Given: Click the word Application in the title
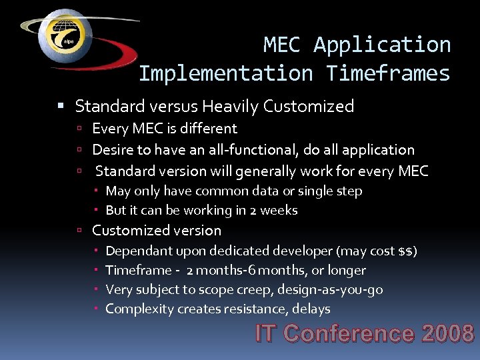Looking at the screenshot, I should tap(382, 45).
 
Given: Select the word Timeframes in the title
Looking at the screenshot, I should tap(388, 73).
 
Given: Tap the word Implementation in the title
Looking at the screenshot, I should tap(225, 73).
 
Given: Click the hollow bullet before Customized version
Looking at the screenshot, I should tap(79, 231).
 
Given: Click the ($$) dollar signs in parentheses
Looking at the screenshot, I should tap(407, 251).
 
